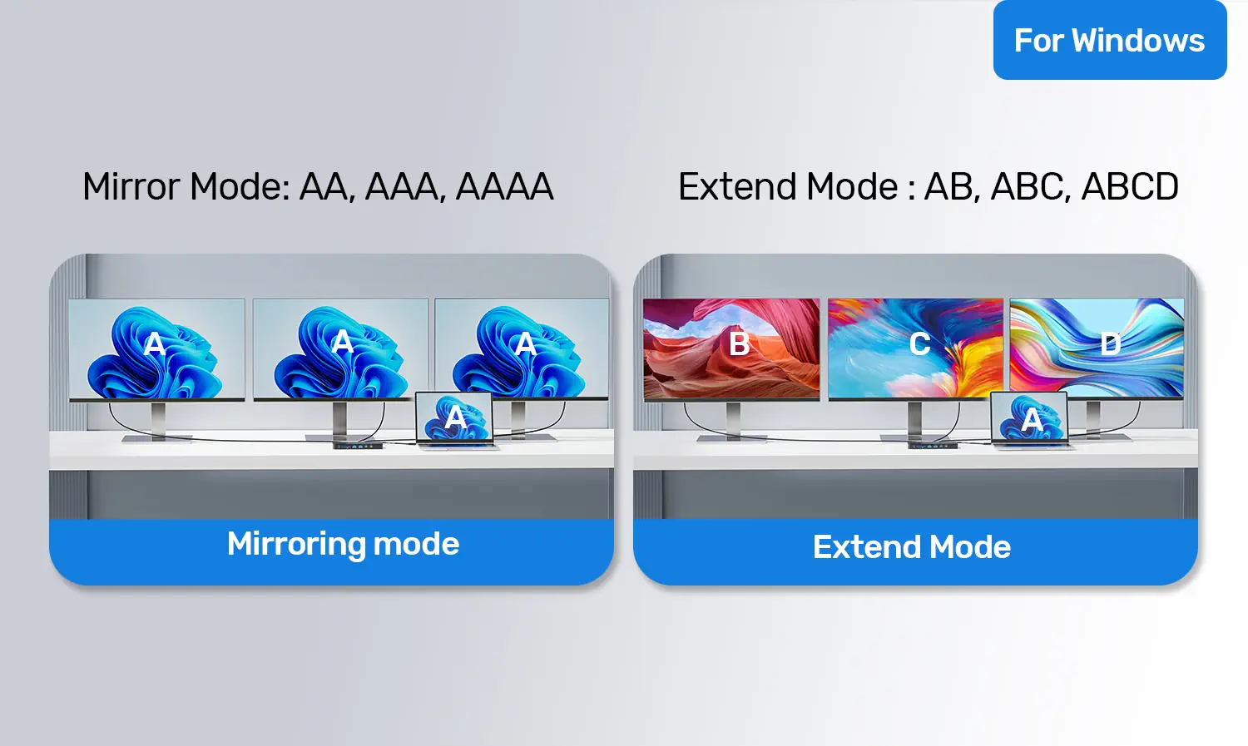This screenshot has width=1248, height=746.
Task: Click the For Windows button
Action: click(x=1110, y=40)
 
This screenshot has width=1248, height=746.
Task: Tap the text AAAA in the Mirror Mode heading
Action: click(x=504, y=186)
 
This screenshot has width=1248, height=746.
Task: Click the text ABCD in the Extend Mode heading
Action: click(x=1130, y=186)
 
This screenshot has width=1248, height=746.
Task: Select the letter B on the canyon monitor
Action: click(x=740, y=343)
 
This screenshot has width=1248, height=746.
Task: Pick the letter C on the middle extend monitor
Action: click(x=920, y=343)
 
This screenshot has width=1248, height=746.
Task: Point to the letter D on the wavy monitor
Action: click(x=1111, y=344)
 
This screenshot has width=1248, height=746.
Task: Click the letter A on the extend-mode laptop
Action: click(x=1032, y=420)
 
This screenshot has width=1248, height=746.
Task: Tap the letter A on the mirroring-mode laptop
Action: click(x=455, y=417)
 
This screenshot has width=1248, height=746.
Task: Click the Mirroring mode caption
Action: click(x=343, y=544)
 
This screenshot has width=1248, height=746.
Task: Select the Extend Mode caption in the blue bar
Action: click(x=912, y=546)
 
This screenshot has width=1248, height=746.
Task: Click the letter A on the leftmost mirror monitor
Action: click(x=154, y=343)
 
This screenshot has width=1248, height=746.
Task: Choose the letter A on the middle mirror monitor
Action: click(x=342, y=341)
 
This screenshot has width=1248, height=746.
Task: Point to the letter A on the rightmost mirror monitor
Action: click(x=525, y=343)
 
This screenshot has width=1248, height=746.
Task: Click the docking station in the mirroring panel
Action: click(x=358, y=446)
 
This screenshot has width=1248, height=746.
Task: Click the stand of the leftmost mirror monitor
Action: click(x=158, y=423)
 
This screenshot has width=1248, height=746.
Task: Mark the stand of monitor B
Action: click(x=733, y=423)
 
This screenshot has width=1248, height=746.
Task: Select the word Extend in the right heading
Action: click(x=737, y=186)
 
